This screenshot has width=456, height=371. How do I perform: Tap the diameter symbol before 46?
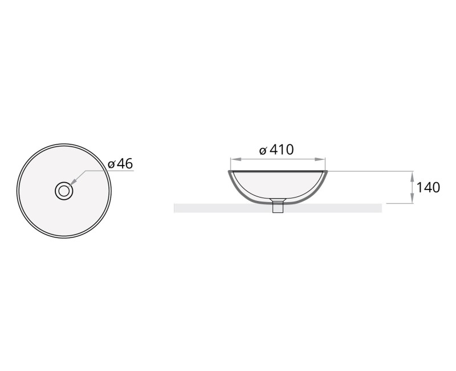[112, 164]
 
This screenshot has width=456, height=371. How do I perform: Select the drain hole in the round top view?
[64, 191]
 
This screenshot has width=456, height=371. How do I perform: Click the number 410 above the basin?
[281, 150]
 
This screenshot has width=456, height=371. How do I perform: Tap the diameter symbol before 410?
[263, 151]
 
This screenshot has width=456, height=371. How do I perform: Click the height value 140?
[428, 187]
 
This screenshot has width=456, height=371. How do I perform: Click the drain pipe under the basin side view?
[278, 207]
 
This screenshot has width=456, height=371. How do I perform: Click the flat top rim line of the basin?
[278, 171]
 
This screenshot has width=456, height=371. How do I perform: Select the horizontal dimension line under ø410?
[278, 159]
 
